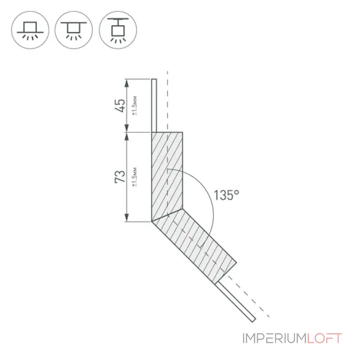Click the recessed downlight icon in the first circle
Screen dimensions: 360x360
[30, 30]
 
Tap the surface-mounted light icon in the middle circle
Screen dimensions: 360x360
[73, 30]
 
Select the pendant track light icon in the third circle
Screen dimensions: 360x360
[118, 30]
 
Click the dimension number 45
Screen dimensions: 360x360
[120, 106]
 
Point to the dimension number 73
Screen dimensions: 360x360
[120, 176]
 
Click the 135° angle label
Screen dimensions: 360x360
[226, 195]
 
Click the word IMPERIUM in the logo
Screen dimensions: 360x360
[274, 338]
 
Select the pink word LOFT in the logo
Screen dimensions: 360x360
[324, 338]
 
